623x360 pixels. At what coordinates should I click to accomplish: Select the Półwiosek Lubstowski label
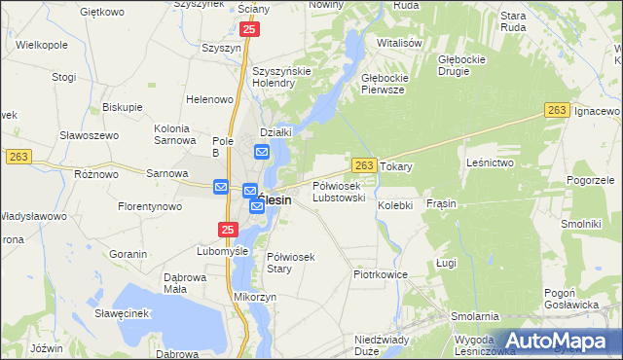coord(338,192)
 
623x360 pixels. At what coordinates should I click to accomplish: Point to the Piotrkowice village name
coord(380,275)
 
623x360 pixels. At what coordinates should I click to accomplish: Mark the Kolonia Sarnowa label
coord(178,134)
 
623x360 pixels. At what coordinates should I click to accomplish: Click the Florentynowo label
coord(151,207)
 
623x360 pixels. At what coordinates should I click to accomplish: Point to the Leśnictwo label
coord(490,162)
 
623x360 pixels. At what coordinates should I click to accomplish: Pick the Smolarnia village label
coord(475,317)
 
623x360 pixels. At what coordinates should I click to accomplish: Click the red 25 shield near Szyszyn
coord(250,31)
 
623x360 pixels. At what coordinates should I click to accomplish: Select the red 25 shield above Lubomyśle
coord(228,230)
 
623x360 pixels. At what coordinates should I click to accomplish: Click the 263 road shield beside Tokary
coord(363,166)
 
